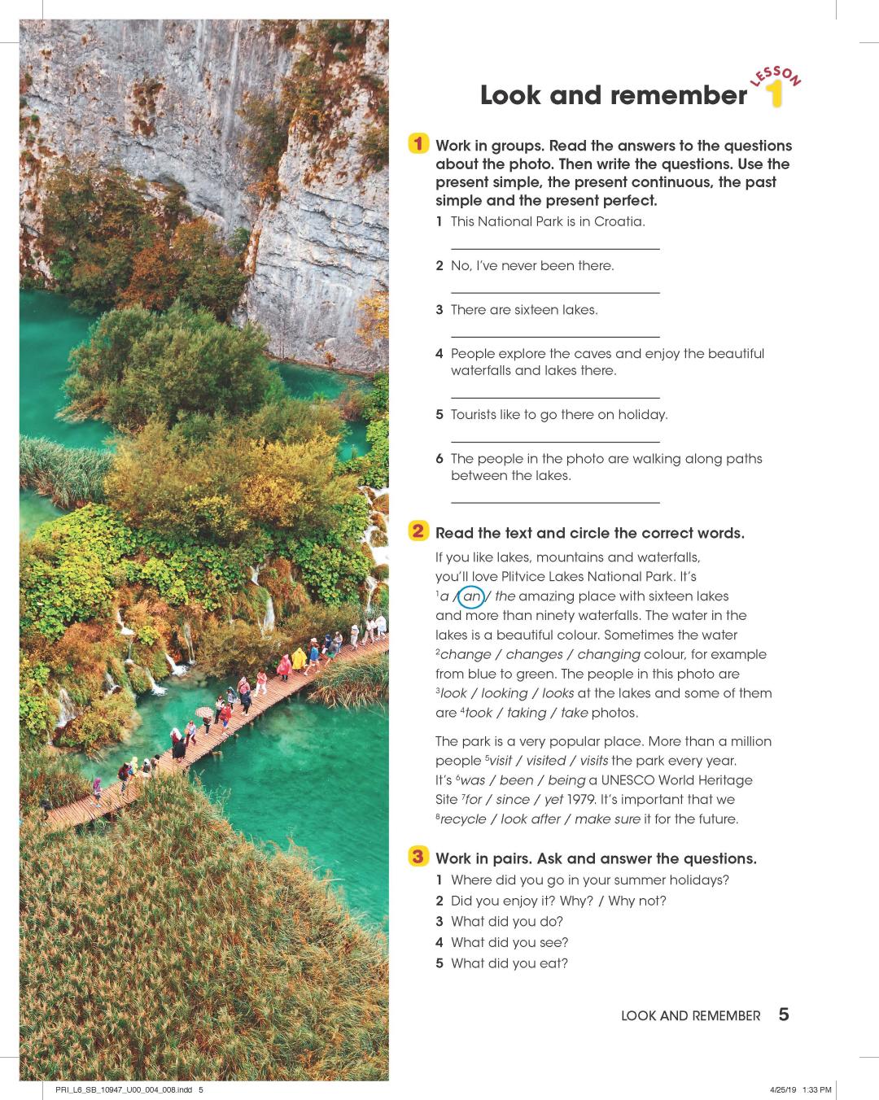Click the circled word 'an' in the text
click(472, 596)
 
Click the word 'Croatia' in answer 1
click(619, 221)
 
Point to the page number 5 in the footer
click(783, 1014)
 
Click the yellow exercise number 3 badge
click(418, 857)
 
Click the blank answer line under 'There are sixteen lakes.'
click(554, 335)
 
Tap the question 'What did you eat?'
click(509, 963)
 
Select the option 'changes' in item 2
click(534, 654)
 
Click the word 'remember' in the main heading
click(679, 95)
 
